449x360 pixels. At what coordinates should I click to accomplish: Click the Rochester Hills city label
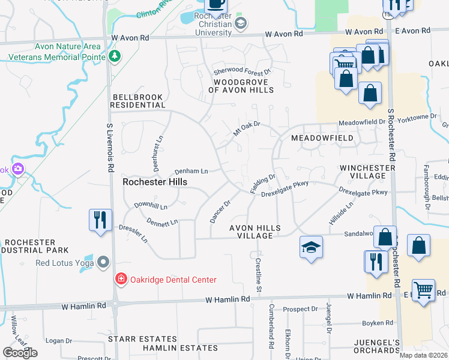coord(155,182)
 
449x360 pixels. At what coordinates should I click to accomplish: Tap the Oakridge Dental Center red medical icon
coord(121,280)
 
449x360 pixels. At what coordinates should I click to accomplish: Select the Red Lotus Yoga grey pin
coord(104,263)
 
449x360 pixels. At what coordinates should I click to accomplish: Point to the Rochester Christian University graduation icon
coord(241,23)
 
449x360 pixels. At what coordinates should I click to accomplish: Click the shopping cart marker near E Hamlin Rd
coord(424,291)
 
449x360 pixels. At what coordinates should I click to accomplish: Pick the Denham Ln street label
coord(191,171)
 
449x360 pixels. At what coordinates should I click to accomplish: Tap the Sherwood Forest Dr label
coord(243,71)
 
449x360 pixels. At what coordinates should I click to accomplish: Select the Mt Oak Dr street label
coord(247,128)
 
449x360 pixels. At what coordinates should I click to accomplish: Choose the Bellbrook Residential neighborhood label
coord(138,101)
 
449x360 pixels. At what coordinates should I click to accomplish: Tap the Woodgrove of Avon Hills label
coord(241,86)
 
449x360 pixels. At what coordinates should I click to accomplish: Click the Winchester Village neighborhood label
coord(363,172)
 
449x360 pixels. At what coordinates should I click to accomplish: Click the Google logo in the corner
coord(20,353)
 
